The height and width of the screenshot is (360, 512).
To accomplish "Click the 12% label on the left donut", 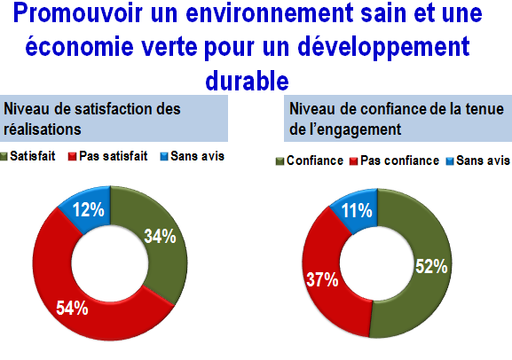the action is pos(89,209).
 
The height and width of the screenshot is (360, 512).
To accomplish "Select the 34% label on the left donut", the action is pos(160,236).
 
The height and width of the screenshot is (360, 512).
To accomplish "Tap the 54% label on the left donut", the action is pos(72,308).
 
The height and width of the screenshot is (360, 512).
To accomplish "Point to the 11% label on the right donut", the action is pos(357,210).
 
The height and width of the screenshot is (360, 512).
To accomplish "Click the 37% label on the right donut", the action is pos(322,280).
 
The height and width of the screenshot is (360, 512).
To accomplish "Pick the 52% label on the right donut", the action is pos(431,266).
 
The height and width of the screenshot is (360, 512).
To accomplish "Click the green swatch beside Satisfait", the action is pos(4,157).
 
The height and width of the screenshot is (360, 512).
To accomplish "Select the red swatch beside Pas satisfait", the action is pos(72,157).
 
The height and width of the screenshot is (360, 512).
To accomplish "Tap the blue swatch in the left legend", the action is pos(164,157).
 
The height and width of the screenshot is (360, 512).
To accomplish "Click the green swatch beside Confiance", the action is pos(280,161).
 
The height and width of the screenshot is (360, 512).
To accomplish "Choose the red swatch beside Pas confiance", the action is pos(354,161).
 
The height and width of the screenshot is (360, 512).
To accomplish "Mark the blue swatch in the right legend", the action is pos(450,161).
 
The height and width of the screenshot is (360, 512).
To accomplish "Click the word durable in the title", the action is pos(248,81).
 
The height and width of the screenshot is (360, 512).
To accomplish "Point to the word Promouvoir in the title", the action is pos(78,13).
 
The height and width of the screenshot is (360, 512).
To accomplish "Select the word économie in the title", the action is pos(79,46).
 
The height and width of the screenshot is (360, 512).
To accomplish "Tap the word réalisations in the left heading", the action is pos(42,129).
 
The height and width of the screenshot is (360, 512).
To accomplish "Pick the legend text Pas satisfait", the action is pos(114,156).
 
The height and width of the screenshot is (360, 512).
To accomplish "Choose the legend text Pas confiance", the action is pos(399,160).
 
